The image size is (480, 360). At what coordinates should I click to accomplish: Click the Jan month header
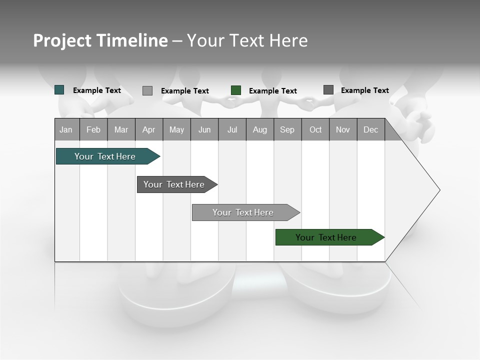(x=66, y=129)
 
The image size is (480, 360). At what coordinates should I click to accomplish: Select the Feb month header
(x=93, y=129)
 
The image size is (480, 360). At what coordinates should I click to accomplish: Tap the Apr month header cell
(x=149, y=129)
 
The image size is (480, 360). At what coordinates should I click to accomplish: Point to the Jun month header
(x=204, y=129)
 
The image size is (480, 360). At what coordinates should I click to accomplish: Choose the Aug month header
(x=260, y=129)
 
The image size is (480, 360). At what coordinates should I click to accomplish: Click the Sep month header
(x=287, y=129)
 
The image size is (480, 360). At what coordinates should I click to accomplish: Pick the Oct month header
(x=315, y=129)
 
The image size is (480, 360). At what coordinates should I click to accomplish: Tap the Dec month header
(x=371, y=129)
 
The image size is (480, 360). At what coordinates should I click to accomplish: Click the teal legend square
(x=59, y=90)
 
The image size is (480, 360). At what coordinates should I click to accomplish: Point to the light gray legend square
(x=147, y=90)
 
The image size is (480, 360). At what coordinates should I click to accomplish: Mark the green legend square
(x=236, y=90)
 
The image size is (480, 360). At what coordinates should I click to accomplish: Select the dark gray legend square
(x=328, y=90)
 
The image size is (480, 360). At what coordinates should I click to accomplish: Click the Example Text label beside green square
(x=273, y=91)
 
